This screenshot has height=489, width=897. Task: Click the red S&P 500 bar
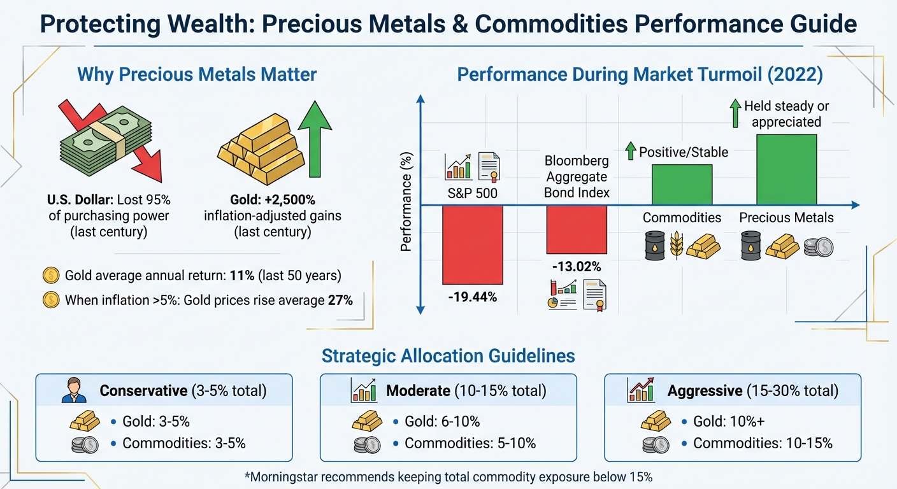(x=473, y=245)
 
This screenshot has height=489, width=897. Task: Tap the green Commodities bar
(x=681, y=185)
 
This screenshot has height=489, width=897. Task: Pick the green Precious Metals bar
(x=786, y=169)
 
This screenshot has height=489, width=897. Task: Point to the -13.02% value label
(x=577, y=266)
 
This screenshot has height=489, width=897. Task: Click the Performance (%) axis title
(x=406, y=202)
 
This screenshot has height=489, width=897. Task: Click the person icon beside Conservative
(x=74, y=390)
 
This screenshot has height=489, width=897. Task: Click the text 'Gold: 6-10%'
(x=442, y=422)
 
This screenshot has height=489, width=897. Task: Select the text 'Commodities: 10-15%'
(x=763, y=443)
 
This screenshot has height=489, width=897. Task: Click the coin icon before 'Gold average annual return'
(x=50, y=276)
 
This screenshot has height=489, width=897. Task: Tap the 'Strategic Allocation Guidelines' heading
(x=448, y=355)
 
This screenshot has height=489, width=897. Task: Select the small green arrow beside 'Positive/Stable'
(x=631, y=152)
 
